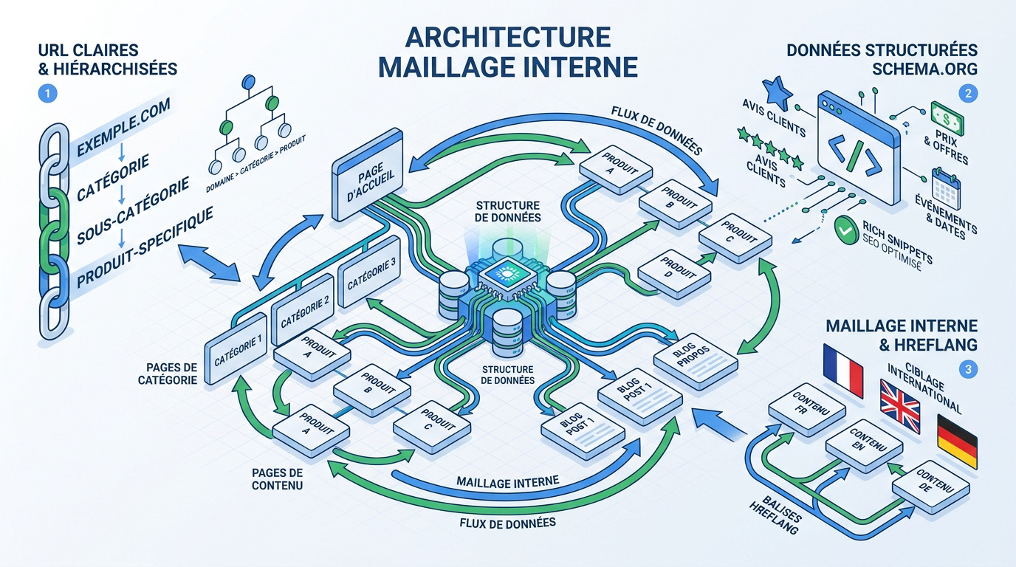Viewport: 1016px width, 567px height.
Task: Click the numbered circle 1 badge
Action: click(47, 94)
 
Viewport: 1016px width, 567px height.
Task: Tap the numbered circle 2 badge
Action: click(968, 94)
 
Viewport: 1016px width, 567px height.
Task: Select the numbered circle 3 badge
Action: click(968, 369)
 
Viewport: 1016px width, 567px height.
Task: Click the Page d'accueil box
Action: click(368, 175)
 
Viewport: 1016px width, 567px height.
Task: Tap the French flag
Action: click(843, 371)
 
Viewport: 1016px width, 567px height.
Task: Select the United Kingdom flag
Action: click(900, 407)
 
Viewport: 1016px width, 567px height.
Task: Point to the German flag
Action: click(957, 441)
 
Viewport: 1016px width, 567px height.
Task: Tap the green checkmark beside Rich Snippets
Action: click(846, 231)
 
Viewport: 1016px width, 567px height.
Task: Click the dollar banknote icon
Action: click(947, 118)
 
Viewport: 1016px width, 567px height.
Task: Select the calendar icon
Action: click(946, 189)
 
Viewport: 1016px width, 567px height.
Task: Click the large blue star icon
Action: click(777, 92)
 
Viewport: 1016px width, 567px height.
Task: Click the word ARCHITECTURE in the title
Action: click(507, 37)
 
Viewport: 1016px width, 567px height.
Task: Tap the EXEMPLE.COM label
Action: click(123, 128)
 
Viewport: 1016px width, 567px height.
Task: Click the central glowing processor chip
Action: click(506, 274)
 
